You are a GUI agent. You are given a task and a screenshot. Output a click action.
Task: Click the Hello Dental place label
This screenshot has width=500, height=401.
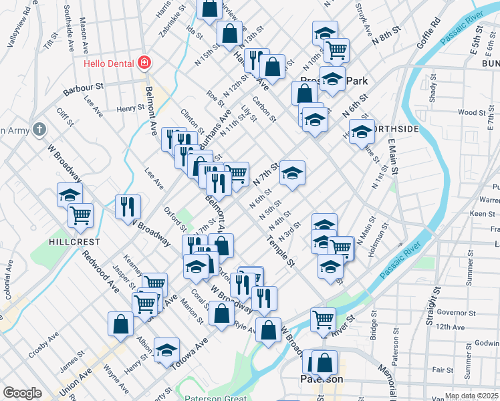(x=109, y=64)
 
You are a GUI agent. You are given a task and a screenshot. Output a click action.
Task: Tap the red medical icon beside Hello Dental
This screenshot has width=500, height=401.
(x=144, y=63)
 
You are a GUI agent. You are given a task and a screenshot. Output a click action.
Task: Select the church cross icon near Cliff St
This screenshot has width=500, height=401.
(x=39, y=128)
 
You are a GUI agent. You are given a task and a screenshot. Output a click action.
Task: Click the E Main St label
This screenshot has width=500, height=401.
(x=392, y=158)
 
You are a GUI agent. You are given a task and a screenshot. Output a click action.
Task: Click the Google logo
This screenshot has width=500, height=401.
(x=22, y=393)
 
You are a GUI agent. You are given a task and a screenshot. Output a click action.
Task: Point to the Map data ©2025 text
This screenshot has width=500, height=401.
(x=471, y=396)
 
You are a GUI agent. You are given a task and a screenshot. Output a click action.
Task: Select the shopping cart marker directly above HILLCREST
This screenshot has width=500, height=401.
(x=80, y=215)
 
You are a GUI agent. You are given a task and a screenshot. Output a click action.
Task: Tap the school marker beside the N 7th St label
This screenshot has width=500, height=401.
(x=292, y=173)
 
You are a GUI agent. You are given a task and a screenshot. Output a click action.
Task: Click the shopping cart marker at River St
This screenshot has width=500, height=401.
(x=324, y=319)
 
